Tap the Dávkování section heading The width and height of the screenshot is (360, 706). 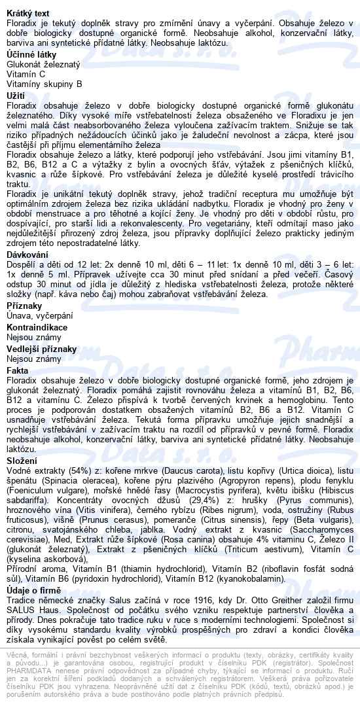click(x=27, y=254)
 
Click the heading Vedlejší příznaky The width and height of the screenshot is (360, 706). click(x=41, y=349)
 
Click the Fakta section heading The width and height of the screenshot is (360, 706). click(x=18, y=370)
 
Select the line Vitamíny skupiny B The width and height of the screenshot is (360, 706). click(x=45, y=84)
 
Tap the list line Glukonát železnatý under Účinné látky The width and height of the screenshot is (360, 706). click(x=43, y=64)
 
